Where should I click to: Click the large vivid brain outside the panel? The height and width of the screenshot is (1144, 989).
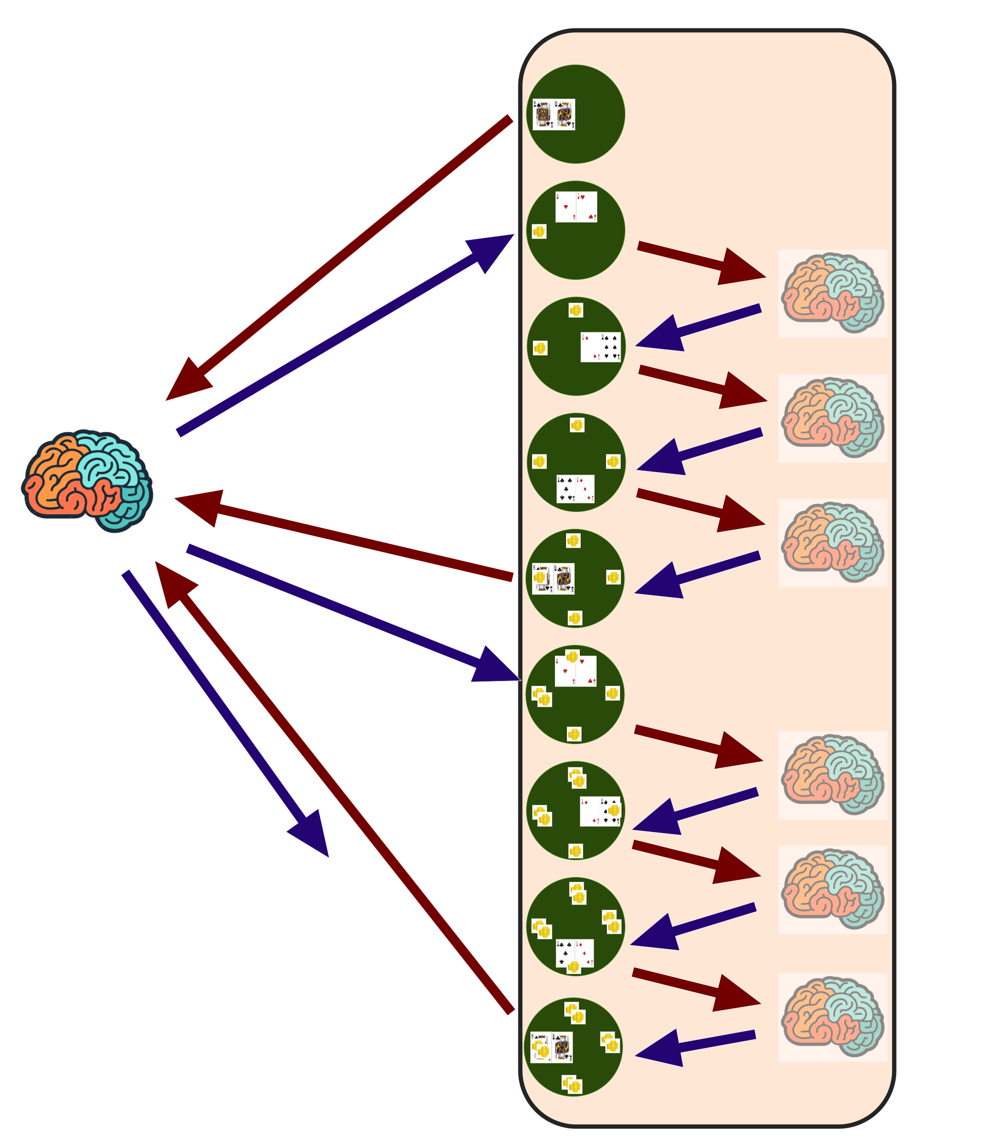point(87,480)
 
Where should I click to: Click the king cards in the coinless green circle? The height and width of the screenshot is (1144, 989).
point(554,114)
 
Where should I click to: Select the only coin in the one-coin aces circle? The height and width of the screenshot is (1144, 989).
point(539,231)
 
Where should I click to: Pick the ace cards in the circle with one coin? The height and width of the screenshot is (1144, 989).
point(576,207)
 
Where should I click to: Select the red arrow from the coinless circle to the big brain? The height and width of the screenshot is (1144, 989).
point(342,254)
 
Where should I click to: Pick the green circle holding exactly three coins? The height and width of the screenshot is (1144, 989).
point(576,463)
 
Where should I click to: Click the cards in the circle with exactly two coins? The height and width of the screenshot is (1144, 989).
point(600,347)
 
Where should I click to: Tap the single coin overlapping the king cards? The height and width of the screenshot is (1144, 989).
point(540,577)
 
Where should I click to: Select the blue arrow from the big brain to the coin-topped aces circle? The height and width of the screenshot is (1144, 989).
point(353,613)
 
